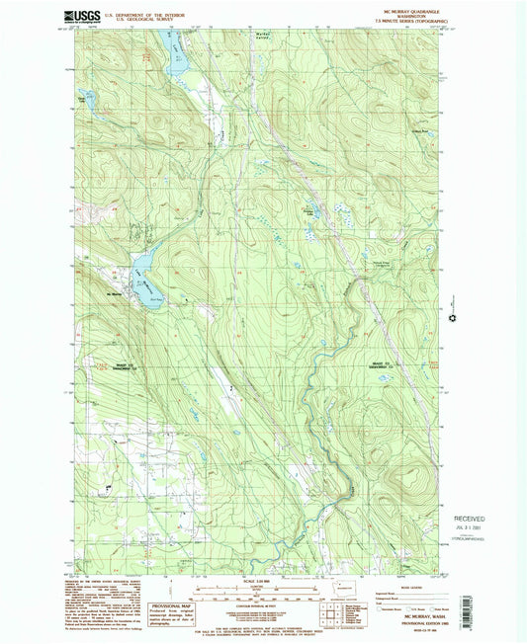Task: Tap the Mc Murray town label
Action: pyautogui.click(x=115, y=293)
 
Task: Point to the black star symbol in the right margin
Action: pyautogui.click(x=456, y=319)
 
